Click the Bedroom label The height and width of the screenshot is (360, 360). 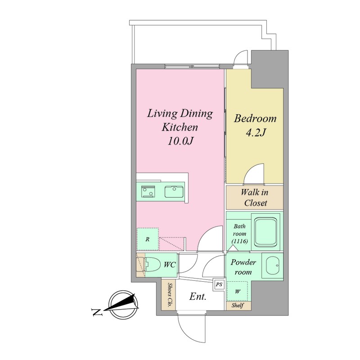click(x=255, y=119)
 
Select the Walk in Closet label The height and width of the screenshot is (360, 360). click(x=255, y=198)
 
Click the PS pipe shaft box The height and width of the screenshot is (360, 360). click(x=219, y=284)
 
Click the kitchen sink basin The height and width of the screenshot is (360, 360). click(x=174, y=192)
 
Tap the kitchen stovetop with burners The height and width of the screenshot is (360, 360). click(x=148, y=192)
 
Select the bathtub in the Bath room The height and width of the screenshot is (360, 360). click(x=265, y=232)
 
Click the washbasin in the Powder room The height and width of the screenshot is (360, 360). click(x=273, y=265)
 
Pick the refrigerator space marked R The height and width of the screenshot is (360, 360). click(x=148, y=239)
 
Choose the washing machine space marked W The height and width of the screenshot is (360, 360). click(x=238, y=291)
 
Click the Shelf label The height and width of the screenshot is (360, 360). click(x=238, y=306)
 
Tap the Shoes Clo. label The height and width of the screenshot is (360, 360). click(x=170, y=295)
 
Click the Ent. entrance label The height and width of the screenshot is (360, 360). click(x=198, y=297)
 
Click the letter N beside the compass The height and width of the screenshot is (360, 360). click(x=97, y=312)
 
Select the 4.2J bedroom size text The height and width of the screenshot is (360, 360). click(x=256, y=133)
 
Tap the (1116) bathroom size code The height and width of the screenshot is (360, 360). click(x=239, y=241)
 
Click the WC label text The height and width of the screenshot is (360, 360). click(x=170, y=265)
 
